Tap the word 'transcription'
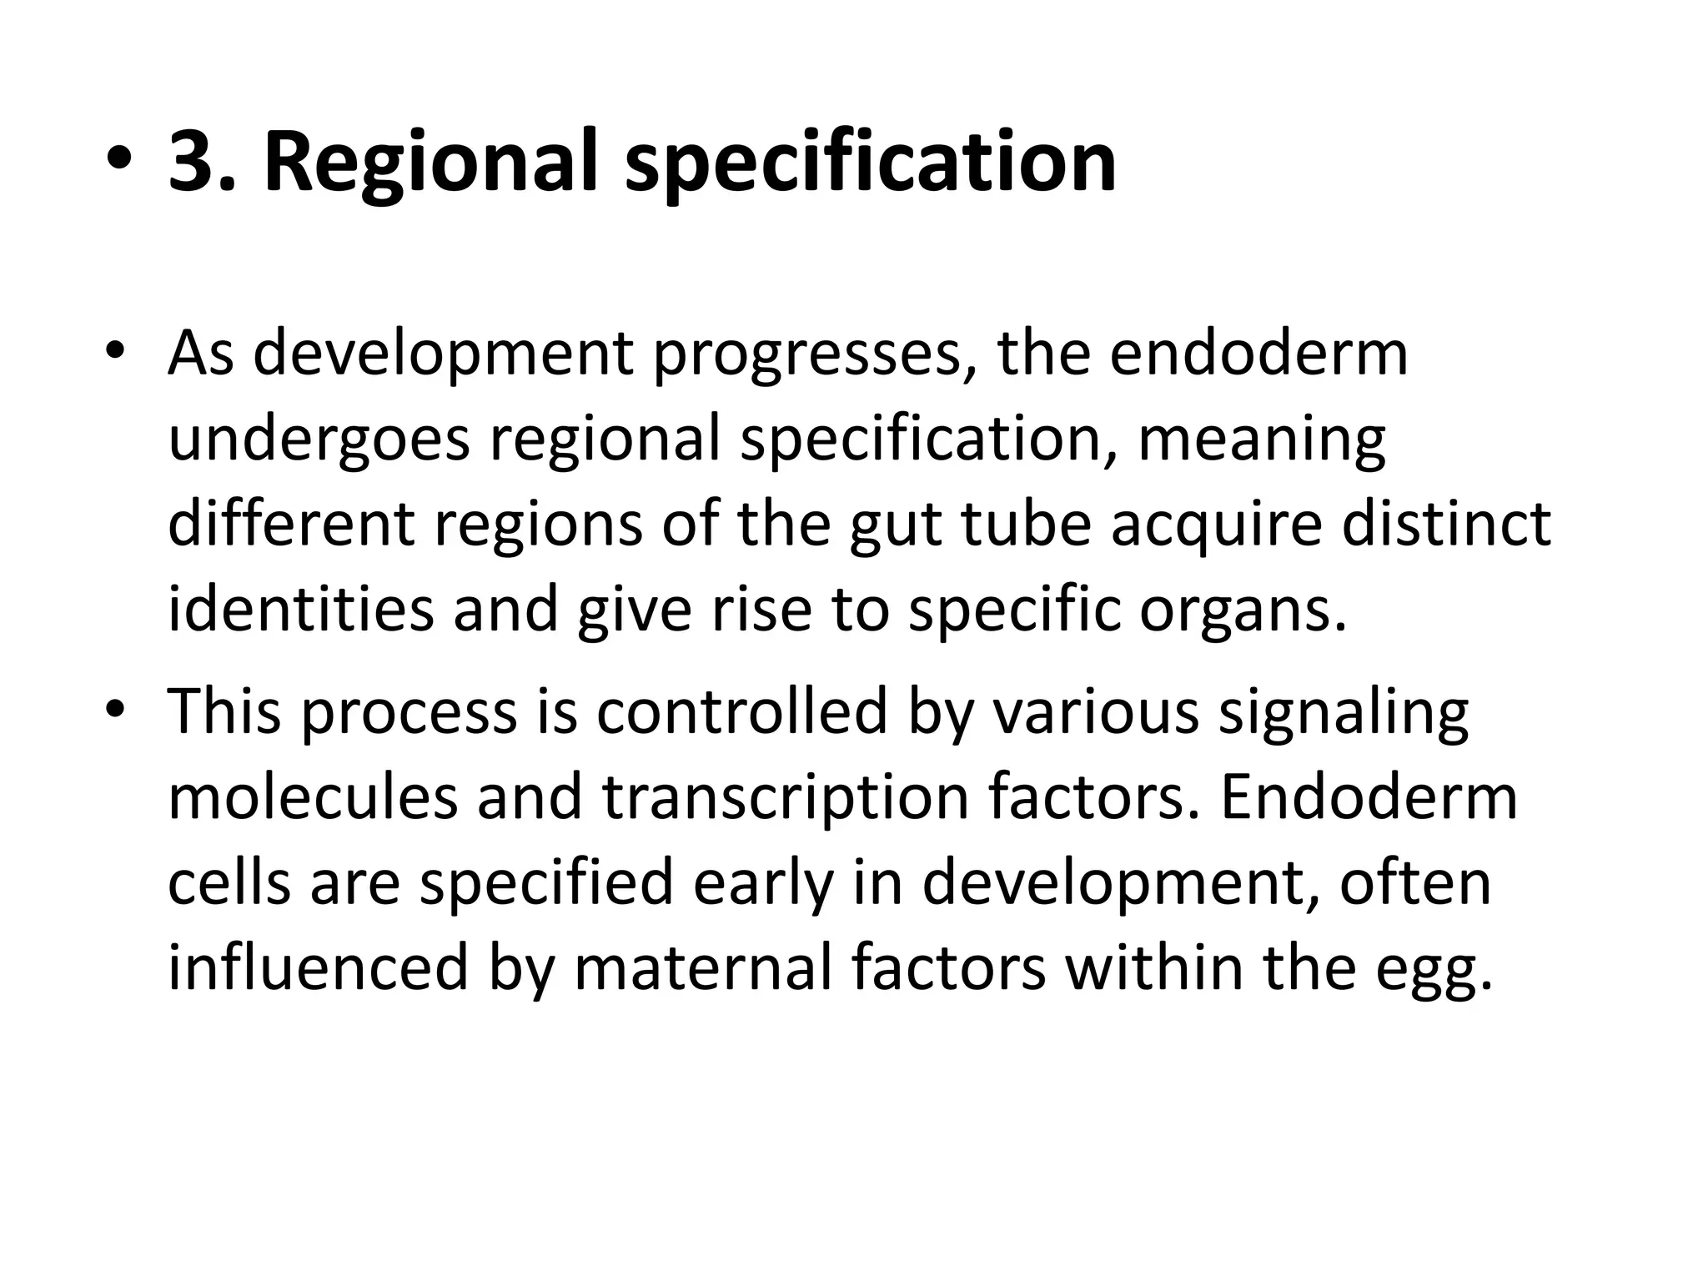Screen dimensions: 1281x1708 click(786, 799)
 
